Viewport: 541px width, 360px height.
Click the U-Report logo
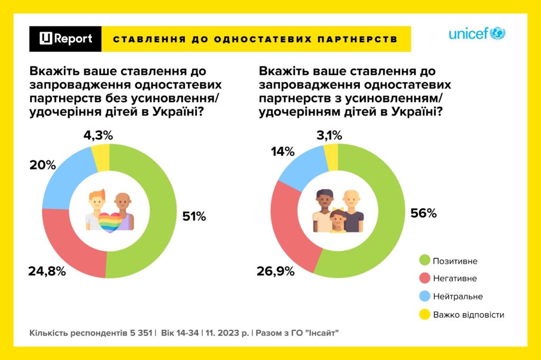(66, 39)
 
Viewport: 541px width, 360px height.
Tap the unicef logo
(477, 34)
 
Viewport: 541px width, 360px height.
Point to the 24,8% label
(47, 272)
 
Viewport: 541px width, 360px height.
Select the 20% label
(43, 165)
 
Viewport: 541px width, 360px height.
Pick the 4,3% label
(98, 136)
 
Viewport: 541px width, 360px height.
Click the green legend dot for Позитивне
(423, 260)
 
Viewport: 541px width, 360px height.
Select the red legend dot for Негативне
(423, 278)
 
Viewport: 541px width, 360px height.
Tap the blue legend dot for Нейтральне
(423, 297)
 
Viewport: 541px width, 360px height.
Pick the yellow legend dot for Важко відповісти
(423, 315)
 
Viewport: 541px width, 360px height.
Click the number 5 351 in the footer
(141, 334)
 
